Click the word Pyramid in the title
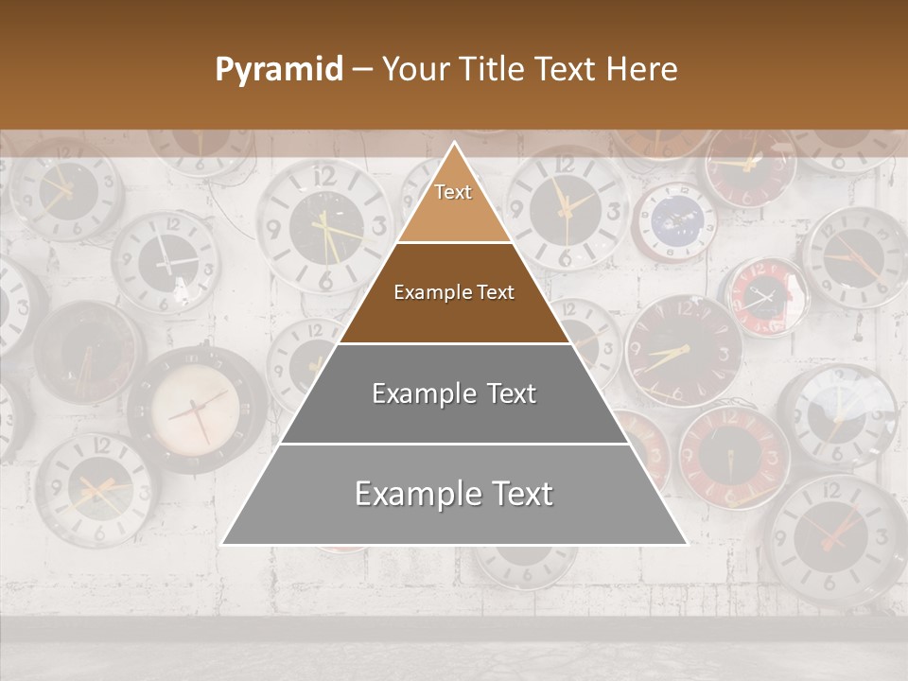tap(278, 70)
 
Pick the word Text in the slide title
tap(567, 70)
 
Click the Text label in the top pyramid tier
tap(453, 192)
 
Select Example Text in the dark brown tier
tap(454, 292)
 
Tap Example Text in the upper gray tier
tap(454, 393)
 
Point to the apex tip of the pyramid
tap(455, 144)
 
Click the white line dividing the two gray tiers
tap(454, 444)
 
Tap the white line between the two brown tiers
tap(454, 243)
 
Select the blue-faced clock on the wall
tap(675, 222)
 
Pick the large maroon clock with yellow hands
tap(682, 351)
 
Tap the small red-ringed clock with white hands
tap(763, 297)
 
